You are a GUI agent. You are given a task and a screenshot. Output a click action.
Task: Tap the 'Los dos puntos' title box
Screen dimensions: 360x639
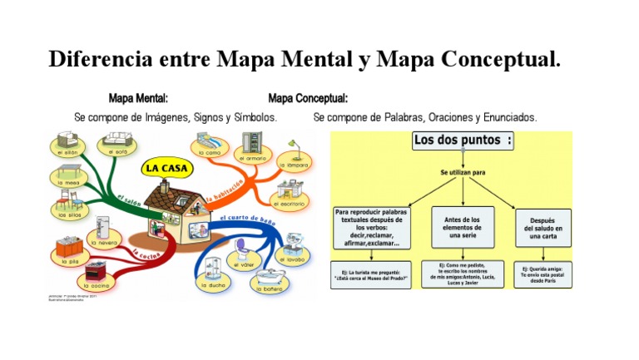[463, 141]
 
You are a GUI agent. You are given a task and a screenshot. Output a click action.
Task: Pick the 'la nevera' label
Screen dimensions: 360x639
[105, 244]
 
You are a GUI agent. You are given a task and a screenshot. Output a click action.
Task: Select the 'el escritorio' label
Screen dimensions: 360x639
[288, 203]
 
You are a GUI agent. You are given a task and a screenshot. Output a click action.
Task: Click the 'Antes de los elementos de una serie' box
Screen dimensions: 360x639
[463, 226]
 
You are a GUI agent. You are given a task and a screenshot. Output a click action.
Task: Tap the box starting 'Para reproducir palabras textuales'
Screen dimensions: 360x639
[371, 228]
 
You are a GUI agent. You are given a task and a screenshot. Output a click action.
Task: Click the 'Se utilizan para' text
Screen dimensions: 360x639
[463, 172]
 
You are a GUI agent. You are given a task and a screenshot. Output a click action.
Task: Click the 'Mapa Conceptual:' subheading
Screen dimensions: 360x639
[308, 98]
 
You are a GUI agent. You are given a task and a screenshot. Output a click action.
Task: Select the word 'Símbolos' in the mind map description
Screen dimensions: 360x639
[253, 118]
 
